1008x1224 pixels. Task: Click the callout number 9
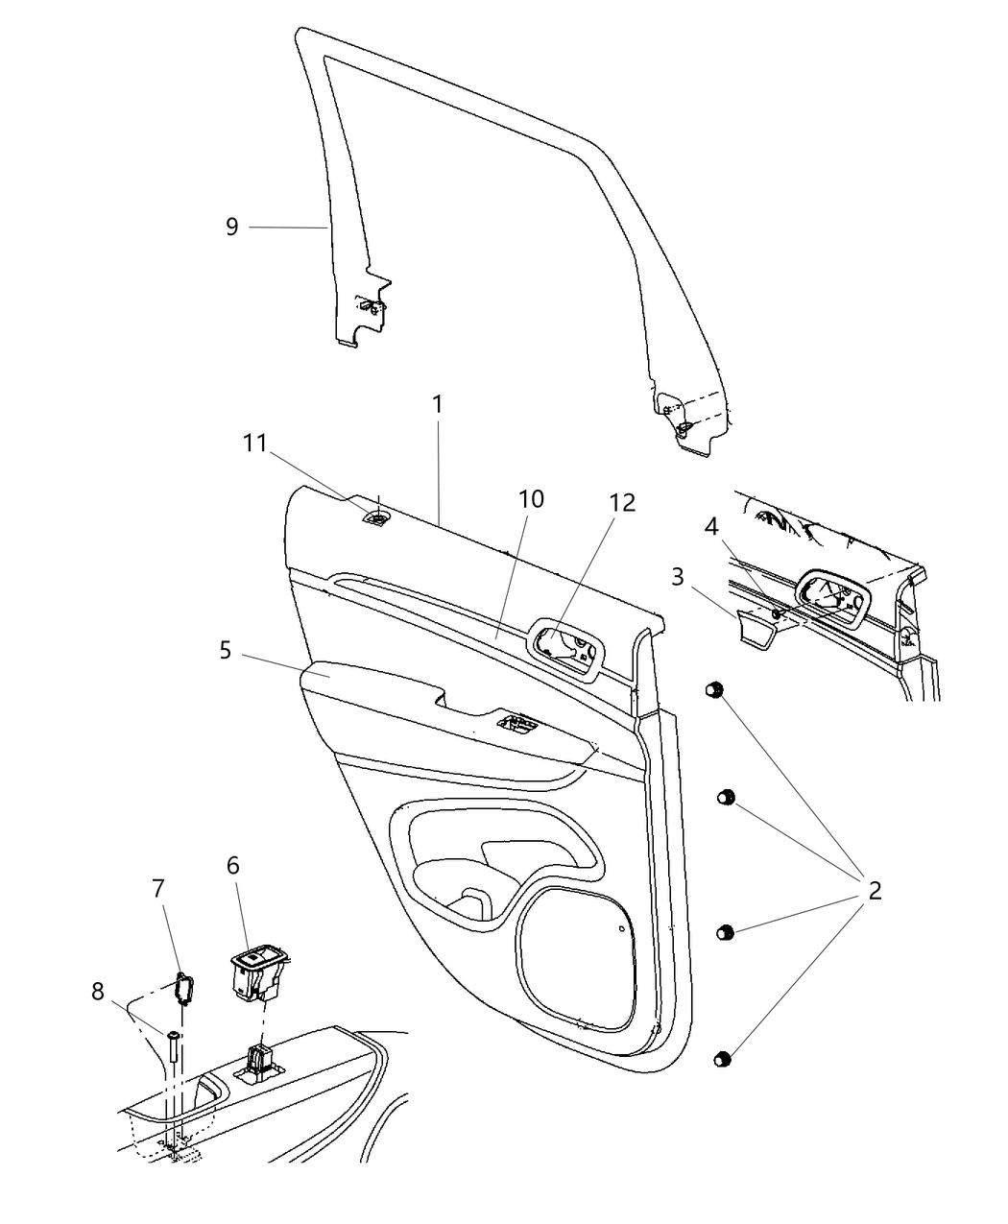[x=231, y=228]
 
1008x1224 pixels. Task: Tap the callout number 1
[x=438, y=404]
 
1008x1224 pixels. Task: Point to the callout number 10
[x=531, y=499]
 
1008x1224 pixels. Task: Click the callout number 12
[x=623, y=502]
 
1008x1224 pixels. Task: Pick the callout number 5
[x=225, y=650]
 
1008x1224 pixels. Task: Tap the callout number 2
[x=874, y=890]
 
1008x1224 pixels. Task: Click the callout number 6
[x=232, y=866]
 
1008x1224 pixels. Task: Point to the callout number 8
[x=98, y=991]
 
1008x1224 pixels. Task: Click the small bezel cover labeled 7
[x=182, y=986]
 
